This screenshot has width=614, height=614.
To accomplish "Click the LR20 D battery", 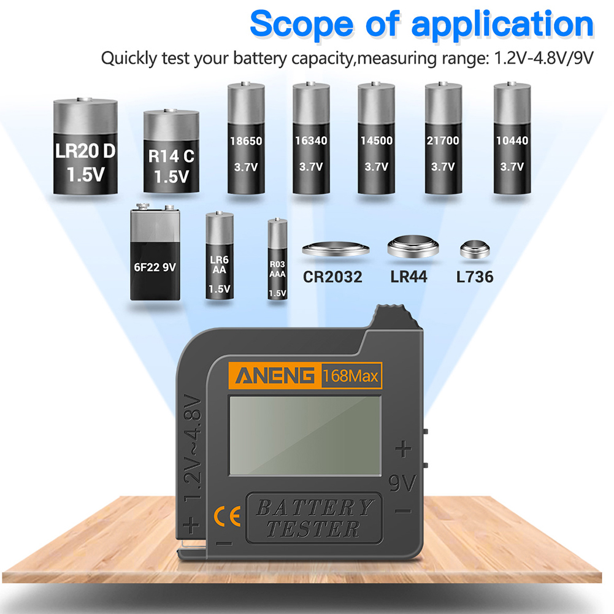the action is (x=85, y=146).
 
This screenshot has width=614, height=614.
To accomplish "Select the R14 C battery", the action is (x=171, y=151).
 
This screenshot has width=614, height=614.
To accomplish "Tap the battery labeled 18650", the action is (x=246, y=138).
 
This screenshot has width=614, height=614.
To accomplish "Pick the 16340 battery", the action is (x=311, y=138).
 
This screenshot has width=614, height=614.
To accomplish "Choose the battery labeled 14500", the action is (x=376, y=138).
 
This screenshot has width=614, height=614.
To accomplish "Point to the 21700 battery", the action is (x=443, y=138).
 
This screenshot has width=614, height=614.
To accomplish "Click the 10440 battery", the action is (x=512, y=138).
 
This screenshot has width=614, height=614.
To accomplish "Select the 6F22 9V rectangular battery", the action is (x=155, y=252).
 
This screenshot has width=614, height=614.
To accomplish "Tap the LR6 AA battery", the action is (x=220, y=256).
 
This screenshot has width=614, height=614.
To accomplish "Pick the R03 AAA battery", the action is (x=277, y=259).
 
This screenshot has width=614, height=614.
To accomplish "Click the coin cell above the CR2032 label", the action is (x=336, y=249).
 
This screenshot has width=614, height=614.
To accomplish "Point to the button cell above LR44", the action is (x=413, y=247).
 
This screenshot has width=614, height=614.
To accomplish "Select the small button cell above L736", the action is (x=475, y=250).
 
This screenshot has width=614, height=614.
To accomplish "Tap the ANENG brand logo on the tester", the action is (x=275, y=375).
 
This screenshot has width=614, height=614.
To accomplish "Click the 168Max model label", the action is (x=350, y=376).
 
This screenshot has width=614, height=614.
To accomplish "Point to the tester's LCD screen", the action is (x=305, y=436).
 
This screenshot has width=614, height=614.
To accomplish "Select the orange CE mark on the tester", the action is (x=227, y=516).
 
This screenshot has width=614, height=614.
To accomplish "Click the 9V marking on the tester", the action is (x=402, y=483).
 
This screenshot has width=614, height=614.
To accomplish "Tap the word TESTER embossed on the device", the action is (x=313, y=529).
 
